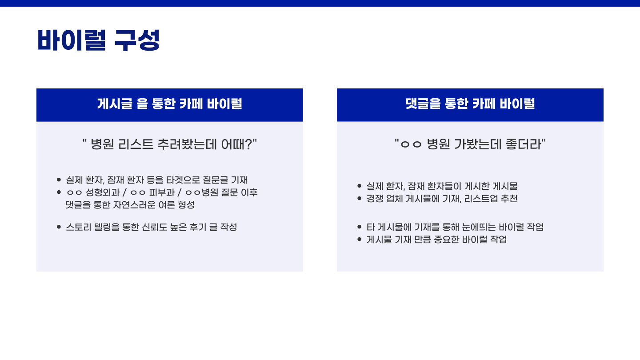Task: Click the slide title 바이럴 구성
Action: (x=98, y=40)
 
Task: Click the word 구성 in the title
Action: (x=137, y=40)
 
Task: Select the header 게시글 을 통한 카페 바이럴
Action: (x=170, y=104)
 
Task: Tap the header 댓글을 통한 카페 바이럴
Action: (x=470, y=104)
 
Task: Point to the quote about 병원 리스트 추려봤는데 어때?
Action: (x=170, y=144)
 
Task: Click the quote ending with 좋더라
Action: (x=470, y=144)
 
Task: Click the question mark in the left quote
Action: (x=248, y=144)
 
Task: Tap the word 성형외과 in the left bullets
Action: (x=103, y=192)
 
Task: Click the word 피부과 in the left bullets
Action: (x=162, y=192)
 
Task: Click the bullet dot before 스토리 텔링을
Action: (x=59, y=227)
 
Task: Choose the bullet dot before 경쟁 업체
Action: (x=360, y=199)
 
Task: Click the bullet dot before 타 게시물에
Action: (x=360, y=227)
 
